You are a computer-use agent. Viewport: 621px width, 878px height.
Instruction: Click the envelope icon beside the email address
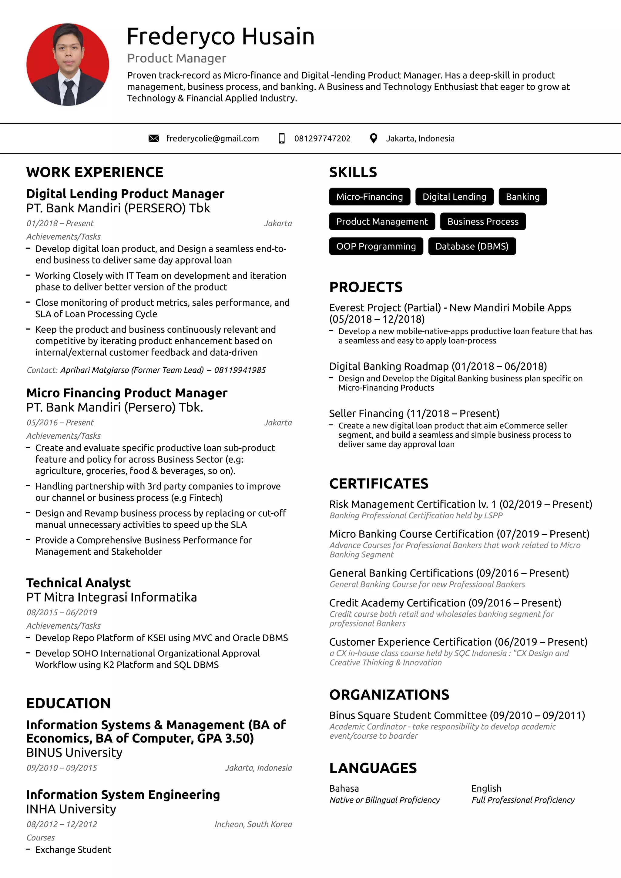[x=153, y=138]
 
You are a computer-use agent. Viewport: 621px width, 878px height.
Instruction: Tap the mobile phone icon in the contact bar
[x=282, y=138]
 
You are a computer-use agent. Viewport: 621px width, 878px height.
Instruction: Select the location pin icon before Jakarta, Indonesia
[x=374, y=138]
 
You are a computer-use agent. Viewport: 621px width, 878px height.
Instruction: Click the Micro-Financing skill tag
[x=369, y=197]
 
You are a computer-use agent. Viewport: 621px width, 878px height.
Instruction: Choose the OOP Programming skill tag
[x=376, y=246]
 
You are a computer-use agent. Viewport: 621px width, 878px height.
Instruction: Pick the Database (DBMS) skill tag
[x=472, y=246]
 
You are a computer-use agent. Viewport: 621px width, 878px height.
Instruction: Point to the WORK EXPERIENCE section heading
[x=95, y=172]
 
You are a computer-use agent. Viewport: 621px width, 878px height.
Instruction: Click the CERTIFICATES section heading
[x=378, y=484]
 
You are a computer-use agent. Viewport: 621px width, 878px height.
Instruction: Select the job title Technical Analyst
[x=79, y=583]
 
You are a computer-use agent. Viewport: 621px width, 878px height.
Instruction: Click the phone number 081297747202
[x=322, y=138]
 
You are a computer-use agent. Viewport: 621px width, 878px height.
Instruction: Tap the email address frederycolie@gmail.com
[x=212, y=138]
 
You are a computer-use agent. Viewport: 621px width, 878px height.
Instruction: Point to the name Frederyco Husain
[x=220, y=36]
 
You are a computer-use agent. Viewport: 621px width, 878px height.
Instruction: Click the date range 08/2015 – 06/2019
[x=62, y=612]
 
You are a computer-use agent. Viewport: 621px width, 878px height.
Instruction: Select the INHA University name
[x=71, y=809]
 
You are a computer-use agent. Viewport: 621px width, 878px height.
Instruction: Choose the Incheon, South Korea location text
[x=253, y=824]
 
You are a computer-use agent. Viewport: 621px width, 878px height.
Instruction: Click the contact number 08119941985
[x=240, y=370]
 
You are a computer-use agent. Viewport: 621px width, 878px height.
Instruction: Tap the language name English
[x=486, y=789]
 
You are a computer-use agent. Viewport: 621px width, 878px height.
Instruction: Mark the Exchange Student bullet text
[x=73, y=850]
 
